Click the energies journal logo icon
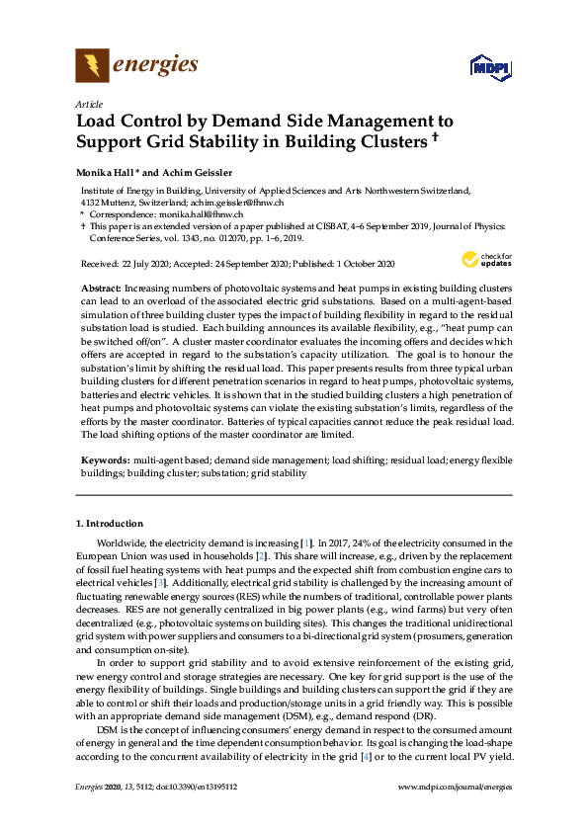[x=93, y=66]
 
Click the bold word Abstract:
[x=101, y=285]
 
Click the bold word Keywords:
[x=105, y=460]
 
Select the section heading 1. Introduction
[x=110, y=524]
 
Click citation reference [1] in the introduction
[x=306, y=543]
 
